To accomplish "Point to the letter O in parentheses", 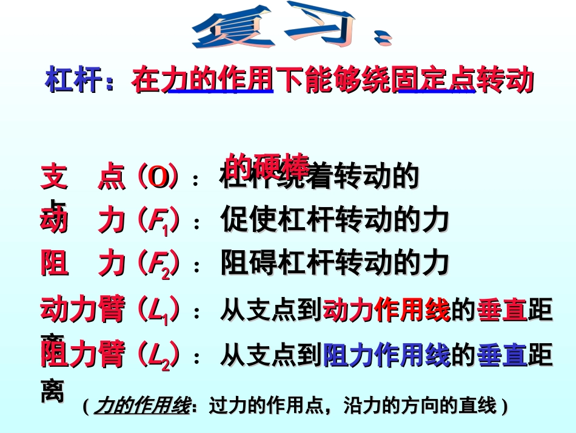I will tap(158, 177).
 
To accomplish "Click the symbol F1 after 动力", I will tap(158, 221).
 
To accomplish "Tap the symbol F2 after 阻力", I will tap(158, 264).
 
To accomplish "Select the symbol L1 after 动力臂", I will tap(158, 310).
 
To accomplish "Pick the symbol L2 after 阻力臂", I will tap(158, 355).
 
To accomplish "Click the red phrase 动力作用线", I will tap(386, 310).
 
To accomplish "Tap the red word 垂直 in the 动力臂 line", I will tap(502, 310).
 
